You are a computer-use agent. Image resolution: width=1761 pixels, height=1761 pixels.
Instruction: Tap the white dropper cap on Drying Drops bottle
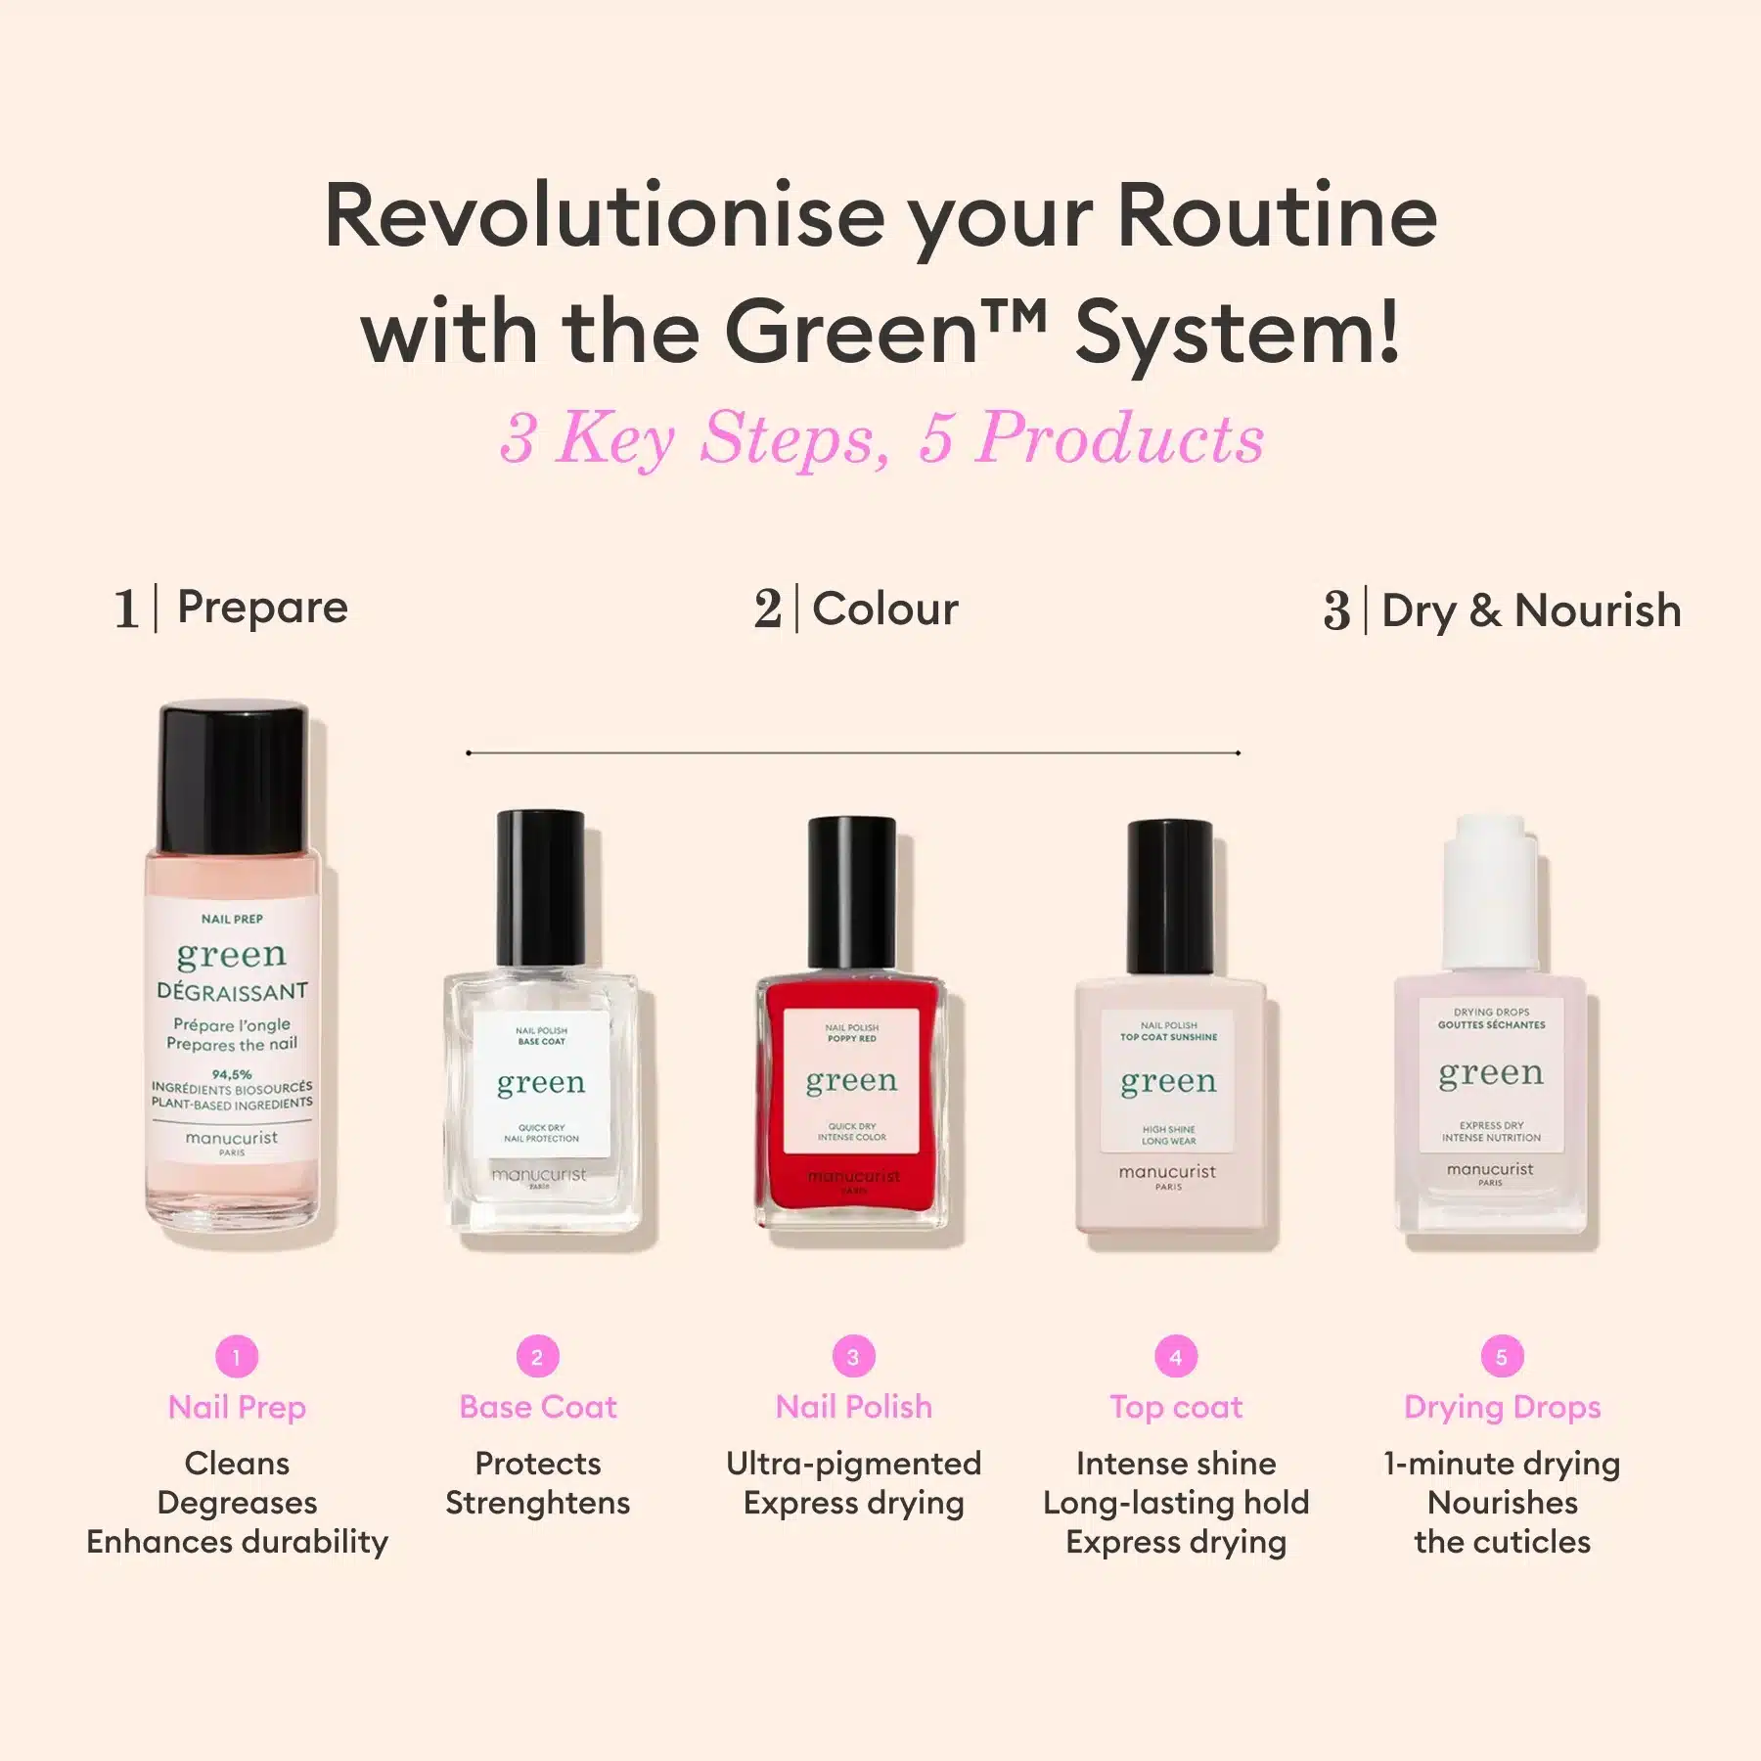pos(1490,890)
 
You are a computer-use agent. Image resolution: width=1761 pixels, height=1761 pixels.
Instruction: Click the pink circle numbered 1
pos(237,1356)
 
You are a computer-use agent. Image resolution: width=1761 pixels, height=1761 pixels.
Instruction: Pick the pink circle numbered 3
pos(853,1356)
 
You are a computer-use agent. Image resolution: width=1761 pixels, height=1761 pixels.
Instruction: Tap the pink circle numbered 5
pos(1502,1356)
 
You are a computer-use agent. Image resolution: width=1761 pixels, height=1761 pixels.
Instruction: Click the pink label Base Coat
pos(538,1407)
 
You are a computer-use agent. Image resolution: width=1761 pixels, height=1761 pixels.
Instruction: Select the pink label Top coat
pos(1176,1407)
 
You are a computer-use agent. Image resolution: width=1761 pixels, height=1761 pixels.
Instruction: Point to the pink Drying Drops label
pos(1502,1407)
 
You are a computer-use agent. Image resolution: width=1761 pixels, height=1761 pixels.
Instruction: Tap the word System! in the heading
pos(1238,333)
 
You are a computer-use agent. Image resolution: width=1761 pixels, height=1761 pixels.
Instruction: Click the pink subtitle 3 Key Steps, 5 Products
pos(881,437)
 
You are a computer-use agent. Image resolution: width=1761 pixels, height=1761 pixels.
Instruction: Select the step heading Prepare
pos(262,608)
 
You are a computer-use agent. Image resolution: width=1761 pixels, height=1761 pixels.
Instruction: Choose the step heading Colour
pos(885,609)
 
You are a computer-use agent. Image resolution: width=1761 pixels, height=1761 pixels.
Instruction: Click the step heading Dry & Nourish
pos(1531,610)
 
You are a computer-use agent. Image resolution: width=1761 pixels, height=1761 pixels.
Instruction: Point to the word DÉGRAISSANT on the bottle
pos(232,991)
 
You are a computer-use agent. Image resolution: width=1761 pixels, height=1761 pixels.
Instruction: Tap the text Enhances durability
pos(237,1542)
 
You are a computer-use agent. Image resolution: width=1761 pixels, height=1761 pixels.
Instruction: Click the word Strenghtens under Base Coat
pos(538,1503)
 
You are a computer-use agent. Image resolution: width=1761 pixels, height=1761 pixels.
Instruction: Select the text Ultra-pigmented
pos(853,1464)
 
